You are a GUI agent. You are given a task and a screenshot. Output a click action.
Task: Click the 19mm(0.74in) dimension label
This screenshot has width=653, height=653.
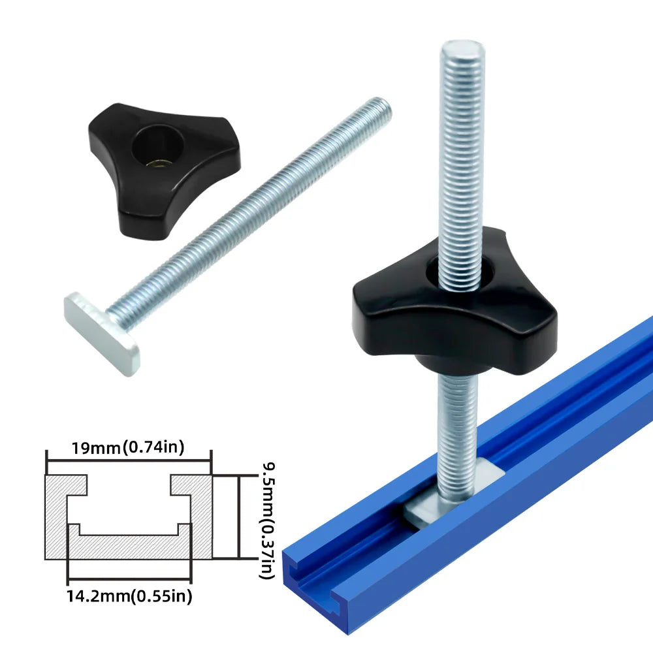click(129, 447)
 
